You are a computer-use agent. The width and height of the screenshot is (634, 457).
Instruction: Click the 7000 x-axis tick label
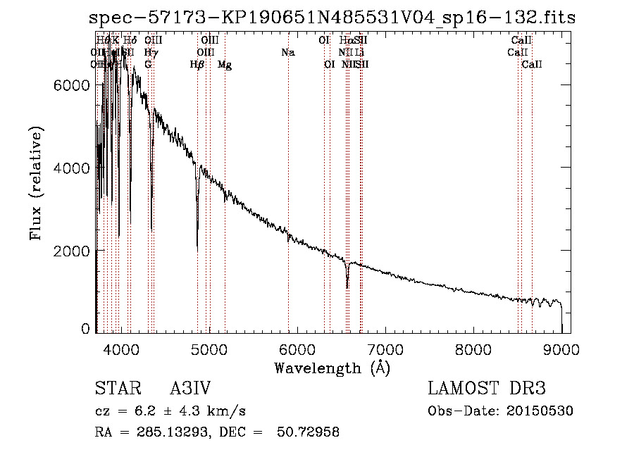385,349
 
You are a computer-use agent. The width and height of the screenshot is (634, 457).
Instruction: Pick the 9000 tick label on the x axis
561,349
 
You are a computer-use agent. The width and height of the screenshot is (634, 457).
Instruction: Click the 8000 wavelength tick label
473,349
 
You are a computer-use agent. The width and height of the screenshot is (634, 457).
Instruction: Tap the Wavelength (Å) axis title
332,367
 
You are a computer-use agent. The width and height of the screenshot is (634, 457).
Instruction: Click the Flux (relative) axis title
36,184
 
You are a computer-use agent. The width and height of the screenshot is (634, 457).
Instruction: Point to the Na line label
287,52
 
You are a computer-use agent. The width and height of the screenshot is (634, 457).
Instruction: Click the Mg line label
225,65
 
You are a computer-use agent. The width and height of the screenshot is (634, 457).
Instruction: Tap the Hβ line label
197,65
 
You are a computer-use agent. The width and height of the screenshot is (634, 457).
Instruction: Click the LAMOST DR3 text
487,389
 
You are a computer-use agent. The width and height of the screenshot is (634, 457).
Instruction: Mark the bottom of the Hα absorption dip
347,287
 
